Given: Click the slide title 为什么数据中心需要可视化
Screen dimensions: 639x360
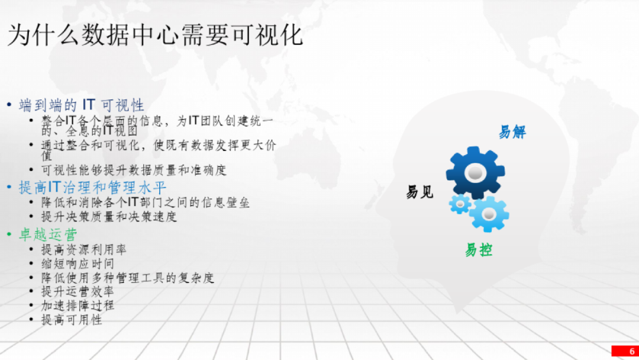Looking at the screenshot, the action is click(155, 35).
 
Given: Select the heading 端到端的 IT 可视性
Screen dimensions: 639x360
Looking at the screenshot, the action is click(82, 105).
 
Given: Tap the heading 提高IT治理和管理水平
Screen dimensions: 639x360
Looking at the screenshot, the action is click(92, 188).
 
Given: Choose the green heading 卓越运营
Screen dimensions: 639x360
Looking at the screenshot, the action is click(48, 234).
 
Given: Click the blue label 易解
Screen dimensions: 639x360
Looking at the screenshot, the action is click(512, 132).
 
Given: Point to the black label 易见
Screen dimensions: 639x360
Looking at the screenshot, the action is click(419, 192).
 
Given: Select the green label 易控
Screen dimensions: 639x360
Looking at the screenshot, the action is click(479, 250).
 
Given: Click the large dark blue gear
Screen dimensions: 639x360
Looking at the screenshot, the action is click(476, 172).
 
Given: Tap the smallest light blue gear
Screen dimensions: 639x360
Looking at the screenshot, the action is click(460, 204).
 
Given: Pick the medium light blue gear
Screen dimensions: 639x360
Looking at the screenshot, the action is click(489, 214).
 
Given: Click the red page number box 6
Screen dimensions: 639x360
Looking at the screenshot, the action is click(625, 351).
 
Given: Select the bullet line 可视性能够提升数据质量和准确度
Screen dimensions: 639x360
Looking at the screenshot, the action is click(134, 170).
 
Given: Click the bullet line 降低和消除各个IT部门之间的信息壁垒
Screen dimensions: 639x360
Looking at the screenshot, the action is click(146, 202).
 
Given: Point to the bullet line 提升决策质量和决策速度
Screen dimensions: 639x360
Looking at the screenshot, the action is click(109, 217).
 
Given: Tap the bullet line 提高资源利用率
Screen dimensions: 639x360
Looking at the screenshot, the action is click(84, 249).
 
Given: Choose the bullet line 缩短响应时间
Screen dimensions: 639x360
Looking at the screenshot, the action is click(78, 263).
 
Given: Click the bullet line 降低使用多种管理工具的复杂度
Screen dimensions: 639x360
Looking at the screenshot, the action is click(128, 278).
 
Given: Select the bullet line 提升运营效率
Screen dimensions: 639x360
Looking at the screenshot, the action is click(78, 291).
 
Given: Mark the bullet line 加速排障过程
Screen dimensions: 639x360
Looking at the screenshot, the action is click(78, 306).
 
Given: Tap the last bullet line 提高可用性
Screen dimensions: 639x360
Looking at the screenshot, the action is click(72, 320).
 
